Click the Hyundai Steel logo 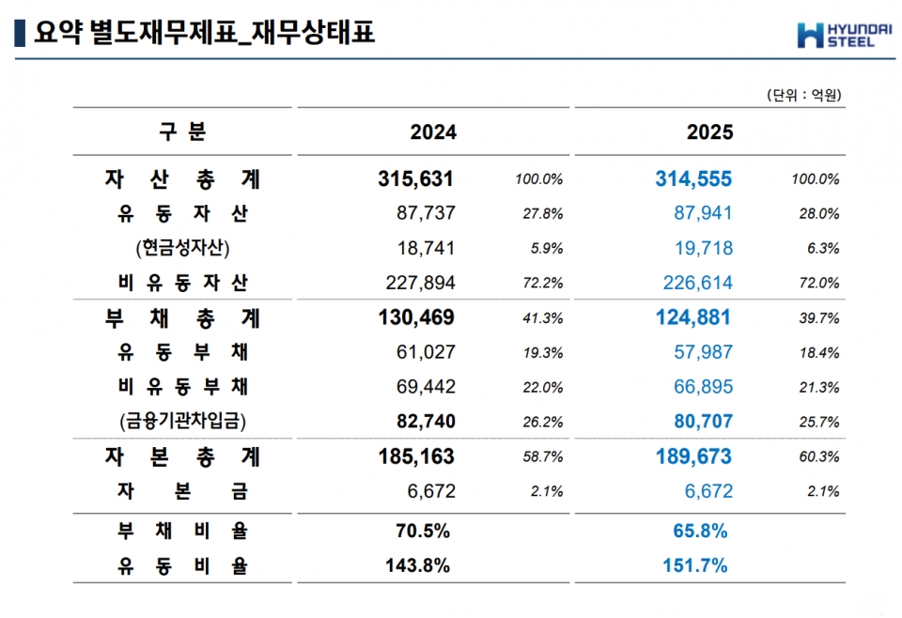(x=844, y=35)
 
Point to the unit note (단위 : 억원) (x=803, y=95)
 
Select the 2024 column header (x=433, y=132)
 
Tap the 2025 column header (x=710, y=132)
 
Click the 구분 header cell (x=182, y=132)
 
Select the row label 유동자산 (x=182, y=214)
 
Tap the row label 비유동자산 (x=182, y=283)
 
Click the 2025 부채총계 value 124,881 (x=692, y=317)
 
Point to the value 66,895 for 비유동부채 (x=699, y=387)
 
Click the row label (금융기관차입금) (x=182, y=422)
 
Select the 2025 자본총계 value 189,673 (x=692, y=457)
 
